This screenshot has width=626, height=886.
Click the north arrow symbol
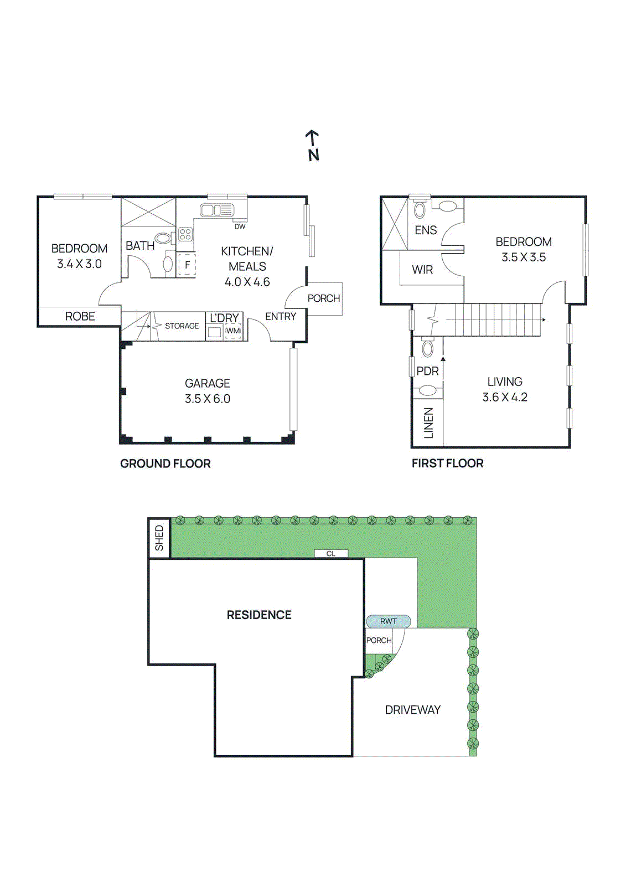[x=313, y=145]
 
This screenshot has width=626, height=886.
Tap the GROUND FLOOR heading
[x=165, y=463]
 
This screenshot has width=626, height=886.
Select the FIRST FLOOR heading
[x=447, y=463]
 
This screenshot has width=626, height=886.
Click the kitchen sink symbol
[x=216, y=210]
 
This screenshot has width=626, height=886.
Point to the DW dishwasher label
[x=240, y=226]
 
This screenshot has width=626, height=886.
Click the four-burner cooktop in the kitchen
[x=185, y=234]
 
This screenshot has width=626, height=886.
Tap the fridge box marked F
[x=187, y=265]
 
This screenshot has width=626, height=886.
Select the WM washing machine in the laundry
[x=233, y=331]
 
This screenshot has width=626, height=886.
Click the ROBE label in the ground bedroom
[x=80, y=316]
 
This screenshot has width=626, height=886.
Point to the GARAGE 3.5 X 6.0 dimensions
[x=207, y=399]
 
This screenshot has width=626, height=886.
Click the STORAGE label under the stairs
[x=182, y=326]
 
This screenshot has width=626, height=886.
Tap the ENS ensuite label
[x=426, y=230]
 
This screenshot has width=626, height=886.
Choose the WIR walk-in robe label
[x=422, y=270]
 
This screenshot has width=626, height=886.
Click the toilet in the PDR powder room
[x=428, y=348]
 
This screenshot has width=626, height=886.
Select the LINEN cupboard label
[x=429, y=423]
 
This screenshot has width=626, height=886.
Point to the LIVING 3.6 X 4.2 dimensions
[x=504, y=397]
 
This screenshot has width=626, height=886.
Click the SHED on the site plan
[x=159, y=538]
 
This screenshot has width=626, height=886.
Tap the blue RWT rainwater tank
[x=388, y=621]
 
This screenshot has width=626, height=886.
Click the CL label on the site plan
[x=330, y=554]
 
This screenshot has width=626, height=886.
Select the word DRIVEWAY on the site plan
[x=412, y=710]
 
